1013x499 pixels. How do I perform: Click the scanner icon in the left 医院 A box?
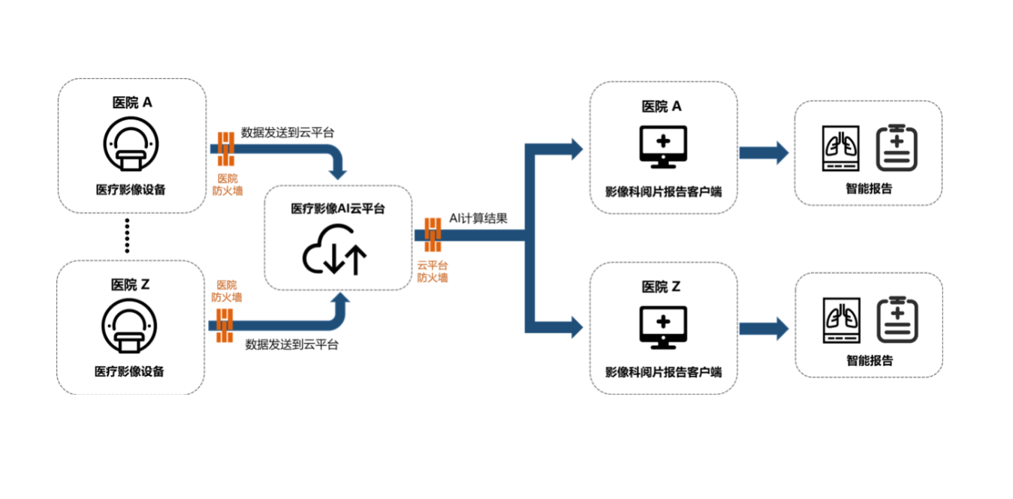click(x=131, y=146)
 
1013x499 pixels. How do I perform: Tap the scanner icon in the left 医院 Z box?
click(x=130, y=328)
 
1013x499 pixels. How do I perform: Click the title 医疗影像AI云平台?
click(x=338, y=209)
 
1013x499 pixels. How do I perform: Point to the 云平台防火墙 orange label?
click(x=433, y=271)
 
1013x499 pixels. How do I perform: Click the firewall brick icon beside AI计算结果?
click(x=433, y=235)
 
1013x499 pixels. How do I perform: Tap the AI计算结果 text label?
click(x=478, y=218)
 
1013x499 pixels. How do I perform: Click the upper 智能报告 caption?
click(x=870, y=189)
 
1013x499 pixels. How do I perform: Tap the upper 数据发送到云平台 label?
click(x=288, y=132)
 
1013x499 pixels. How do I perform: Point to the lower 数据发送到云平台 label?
click(x=291, y=345)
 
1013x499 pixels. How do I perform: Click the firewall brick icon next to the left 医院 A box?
click(x=226, y=149)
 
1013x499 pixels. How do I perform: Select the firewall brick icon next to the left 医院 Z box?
click(x=225, y=326)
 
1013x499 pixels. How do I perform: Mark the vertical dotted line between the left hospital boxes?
click(x=127, y=236)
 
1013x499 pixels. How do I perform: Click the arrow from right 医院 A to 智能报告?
click(x=763, y=153)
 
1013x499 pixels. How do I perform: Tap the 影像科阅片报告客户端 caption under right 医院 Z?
click(x=663, y=371)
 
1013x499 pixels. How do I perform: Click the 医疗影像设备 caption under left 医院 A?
click(x=131, y=189)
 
